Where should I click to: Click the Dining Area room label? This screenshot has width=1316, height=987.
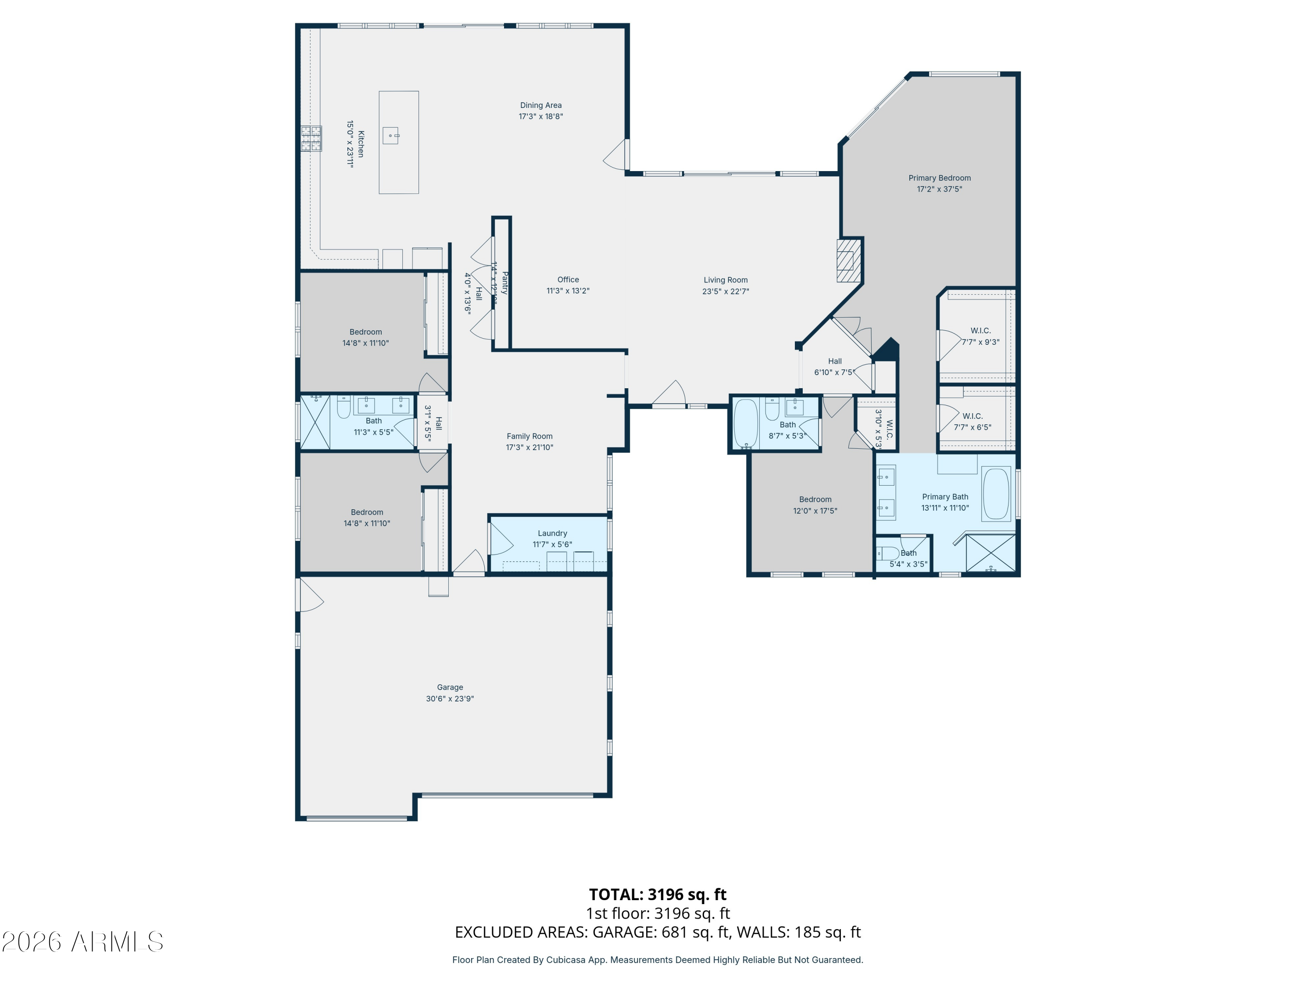tap(540, 105)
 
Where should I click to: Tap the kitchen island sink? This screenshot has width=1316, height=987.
tap(391, 136)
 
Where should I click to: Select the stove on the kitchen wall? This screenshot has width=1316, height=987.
tap(311, 139)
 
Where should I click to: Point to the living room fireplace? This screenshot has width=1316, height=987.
tap(848, 260)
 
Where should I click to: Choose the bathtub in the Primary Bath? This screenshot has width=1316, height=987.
tap(995, 494)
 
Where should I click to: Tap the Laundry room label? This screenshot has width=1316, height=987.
tap(552, 533)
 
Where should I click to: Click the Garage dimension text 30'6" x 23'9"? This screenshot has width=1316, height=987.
tap(450, 698)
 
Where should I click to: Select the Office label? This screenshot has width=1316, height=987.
tap(568, 279)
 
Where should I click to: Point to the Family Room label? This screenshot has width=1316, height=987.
tap(529, 436)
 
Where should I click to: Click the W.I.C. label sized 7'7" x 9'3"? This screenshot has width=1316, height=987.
tap(980, 331)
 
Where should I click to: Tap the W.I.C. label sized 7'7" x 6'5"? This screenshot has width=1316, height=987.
tap(972, 416)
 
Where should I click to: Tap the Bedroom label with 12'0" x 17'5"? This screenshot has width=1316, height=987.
tap(815, 499)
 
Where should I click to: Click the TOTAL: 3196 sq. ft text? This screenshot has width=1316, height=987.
tap(658, 894)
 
